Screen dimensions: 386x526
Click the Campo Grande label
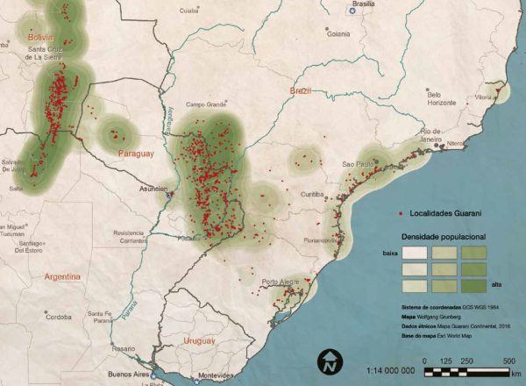(205, 104)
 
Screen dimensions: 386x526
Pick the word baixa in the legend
(390, 254)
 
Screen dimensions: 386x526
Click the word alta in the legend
(497, 286)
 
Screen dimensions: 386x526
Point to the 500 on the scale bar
(508, 361)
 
